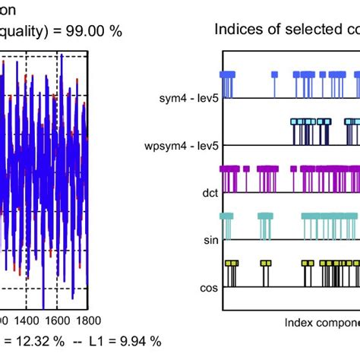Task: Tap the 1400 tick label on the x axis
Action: click(x=34, y=321)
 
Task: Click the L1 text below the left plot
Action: click(x=101, y=343)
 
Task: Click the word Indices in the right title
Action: click(x=236, y=30)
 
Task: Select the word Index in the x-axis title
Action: click(x=299, y=322)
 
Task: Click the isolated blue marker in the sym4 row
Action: click(x=275, y=74)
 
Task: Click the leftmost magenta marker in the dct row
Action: click(x=222, y=169)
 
